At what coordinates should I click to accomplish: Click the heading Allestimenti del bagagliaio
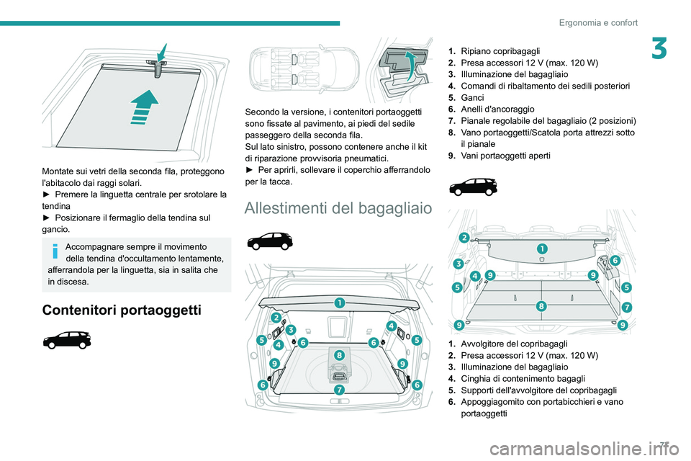338,208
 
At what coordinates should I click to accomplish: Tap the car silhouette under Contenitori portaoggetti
67,341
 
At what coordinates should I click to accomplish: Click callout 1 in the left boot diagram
338,303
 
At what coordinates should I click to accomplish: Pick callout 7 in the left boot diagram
338,390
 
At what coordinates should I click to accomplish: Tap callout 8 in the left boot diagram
338,355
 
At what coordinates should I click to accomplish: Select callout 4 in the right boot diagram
476,276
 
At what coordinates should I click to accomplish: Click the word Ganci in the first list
473,97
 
